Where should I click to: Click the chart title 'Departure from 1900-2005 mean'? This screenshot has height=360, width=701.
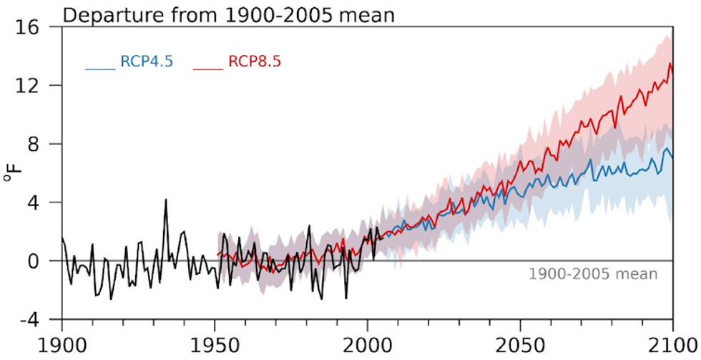229,14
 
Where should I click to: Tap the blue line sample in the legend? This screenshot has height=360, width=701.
100,69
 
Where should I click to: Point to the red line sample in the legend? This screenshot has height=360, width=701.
208,69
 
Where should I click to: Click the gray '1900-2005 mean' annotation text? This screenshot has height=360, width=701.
592,274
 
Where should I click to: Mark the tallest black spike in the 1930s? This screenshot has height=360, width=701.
166,200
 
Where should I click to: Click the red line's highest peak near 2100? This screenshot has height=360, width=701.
670,64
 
